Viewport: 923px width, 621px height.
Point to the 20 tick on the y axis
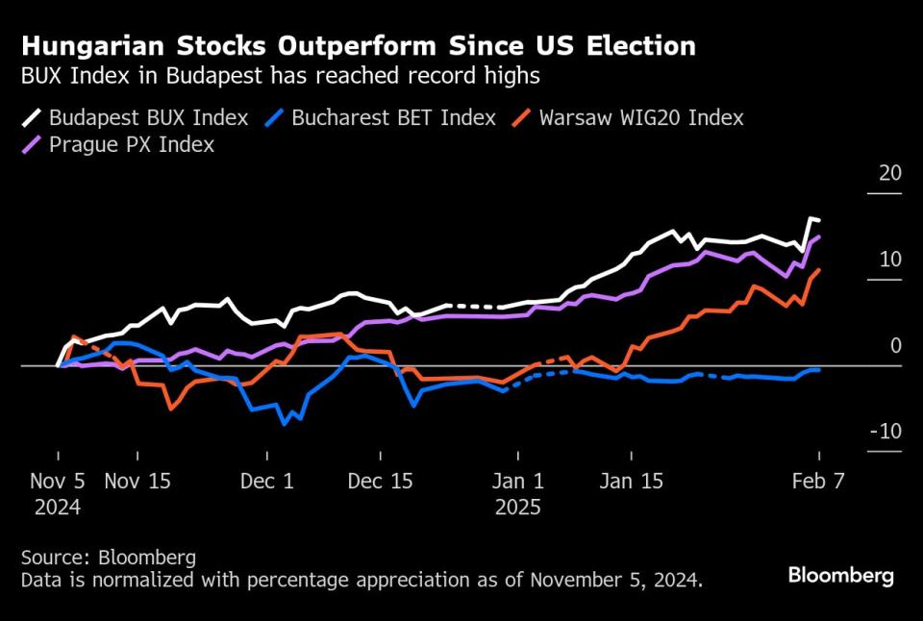click(890, 174)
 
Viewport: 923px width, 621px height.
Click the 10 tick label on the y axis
click(890, 260)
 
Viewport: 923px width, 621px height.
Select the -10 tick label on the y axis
click(886, 432)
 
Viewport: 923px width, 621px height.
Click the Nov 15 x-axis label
click(137, 481)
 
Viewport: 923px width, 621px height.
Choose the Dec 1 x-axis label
click(267, 481)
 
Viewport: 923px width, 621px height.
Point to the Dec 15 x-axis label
click(381, 481)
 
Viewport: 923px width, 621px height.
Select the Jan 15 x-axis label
click(631, 481)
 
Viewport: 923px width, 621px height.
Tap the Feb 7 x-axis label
click(819, 481)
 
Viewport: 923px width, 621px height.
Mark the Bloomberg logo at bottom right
click(840, 576)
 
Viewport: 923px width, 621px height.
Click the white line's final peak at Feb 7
click(812, 219)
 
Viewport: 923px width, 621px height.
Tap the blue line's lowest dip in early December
click(284, 423)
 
